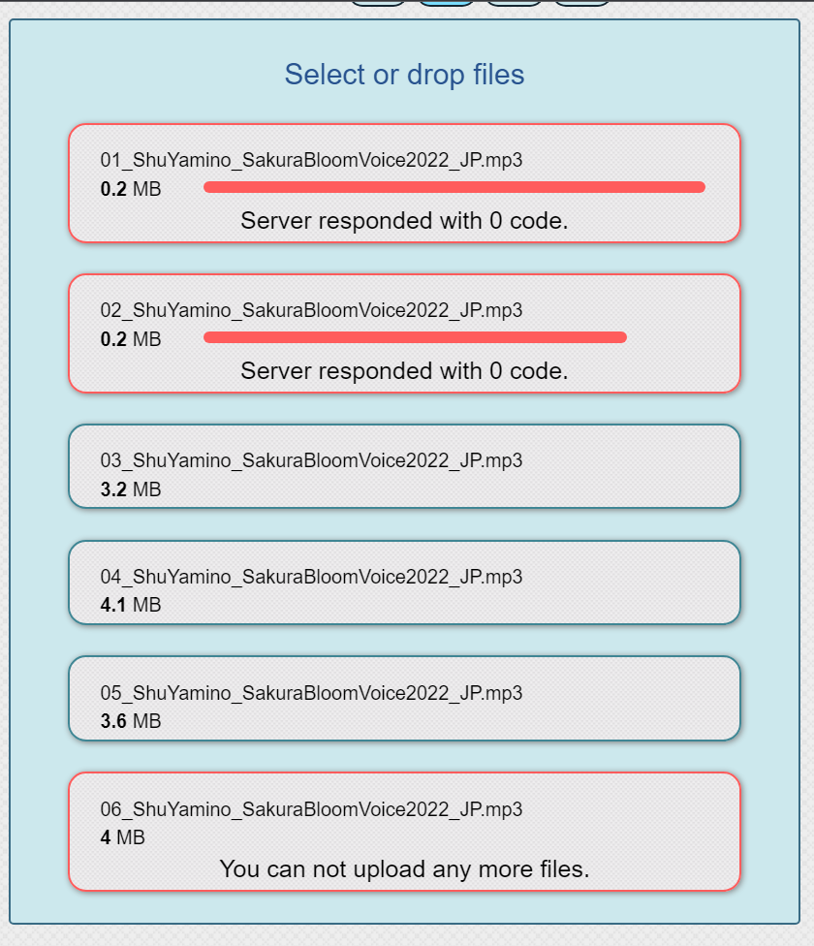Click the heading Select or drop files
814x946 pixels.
pyautogui.click(x=404, y=75)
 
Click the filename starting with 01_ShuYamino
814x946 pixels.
pyautogui.click(x=311, y=160)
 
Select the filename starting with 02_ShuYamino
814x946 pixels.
pyautogui.click(x=311, y=310)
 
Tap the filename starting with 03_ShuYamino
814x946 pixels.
pyautogui.click(x=311, y=460)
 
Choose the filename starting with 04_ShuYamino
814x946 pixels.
pyautogui.click(x=311, y=577)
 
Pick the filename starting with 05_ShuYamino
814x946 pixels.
pyautogui.click(x=311, y=693)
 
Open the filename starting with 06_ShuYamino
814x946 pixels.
pyautogui.click(x=311, y=809)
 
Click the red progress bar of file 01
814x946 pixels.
pyautogui.click(x=454, y=187)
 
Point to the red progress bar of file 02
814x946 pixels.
pyautogui.click(x=415, y=337)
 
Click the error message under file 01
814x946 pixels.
pyautogui.click(x=404, y=221)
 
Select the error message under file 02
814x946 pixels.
pyautogui.click(x=404, y=371)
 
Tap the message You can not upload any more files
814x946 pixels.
pyautogui.click(x=404, y=868)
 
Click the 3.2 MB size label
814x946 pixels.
pyautogui.click(x=131, y=489)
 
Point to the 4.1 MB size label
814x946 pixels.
pyautogui.click(x=131, y=606)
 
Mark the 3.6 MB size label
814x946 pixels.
pyautogui.click(x=131, y=722)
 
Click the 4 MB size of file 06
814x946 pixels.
pyautogui.click(x=123, y=837)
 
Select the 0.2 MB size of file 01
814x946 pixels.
pyautogui.click(x=131, y=189)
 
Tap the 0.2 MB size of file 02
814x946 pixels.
pyautogui.click(x=131, y=339)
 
